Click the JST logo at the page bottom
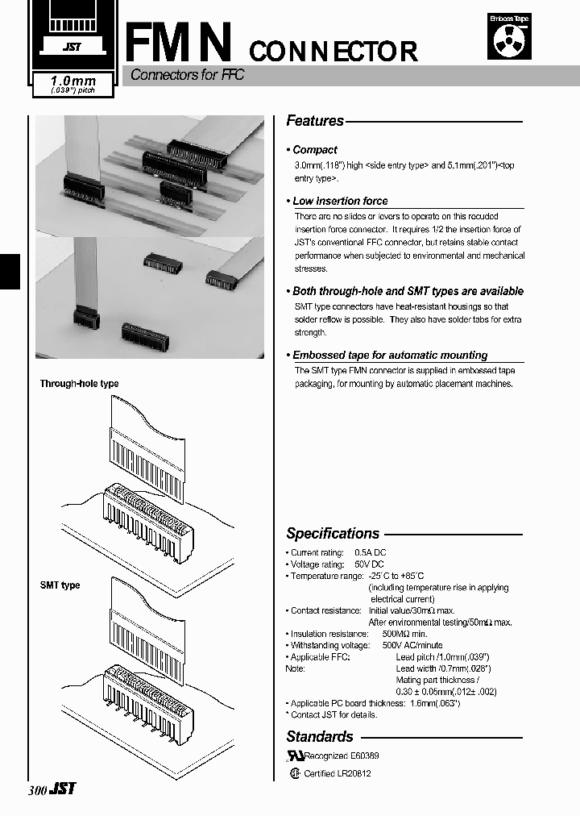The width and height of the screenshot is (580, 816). [64, 789]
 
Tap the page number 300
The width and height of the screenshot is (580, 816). [37, 791]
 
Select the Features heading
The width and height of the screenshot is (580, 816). [315, 121]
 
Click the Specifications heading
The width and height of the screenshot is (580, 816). [333, 534]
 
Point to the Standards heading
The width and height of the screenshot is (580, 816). [320, 736]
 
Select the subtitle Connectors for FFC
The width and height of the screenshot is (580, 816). [187, 75]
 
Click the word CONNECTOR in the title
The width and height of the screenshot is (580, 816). [333, 52]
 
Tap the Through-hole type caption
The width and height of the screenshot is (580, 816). [79, 384]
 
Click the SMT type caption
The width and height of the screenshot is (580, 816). [60, 585]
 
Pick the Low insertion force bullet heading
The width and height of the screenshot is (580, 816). [339, 201]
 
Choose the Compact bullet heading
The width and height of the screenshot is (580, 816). [314, 150]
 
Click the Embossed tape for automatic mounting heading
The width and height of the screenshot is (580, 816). [389, 355]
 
